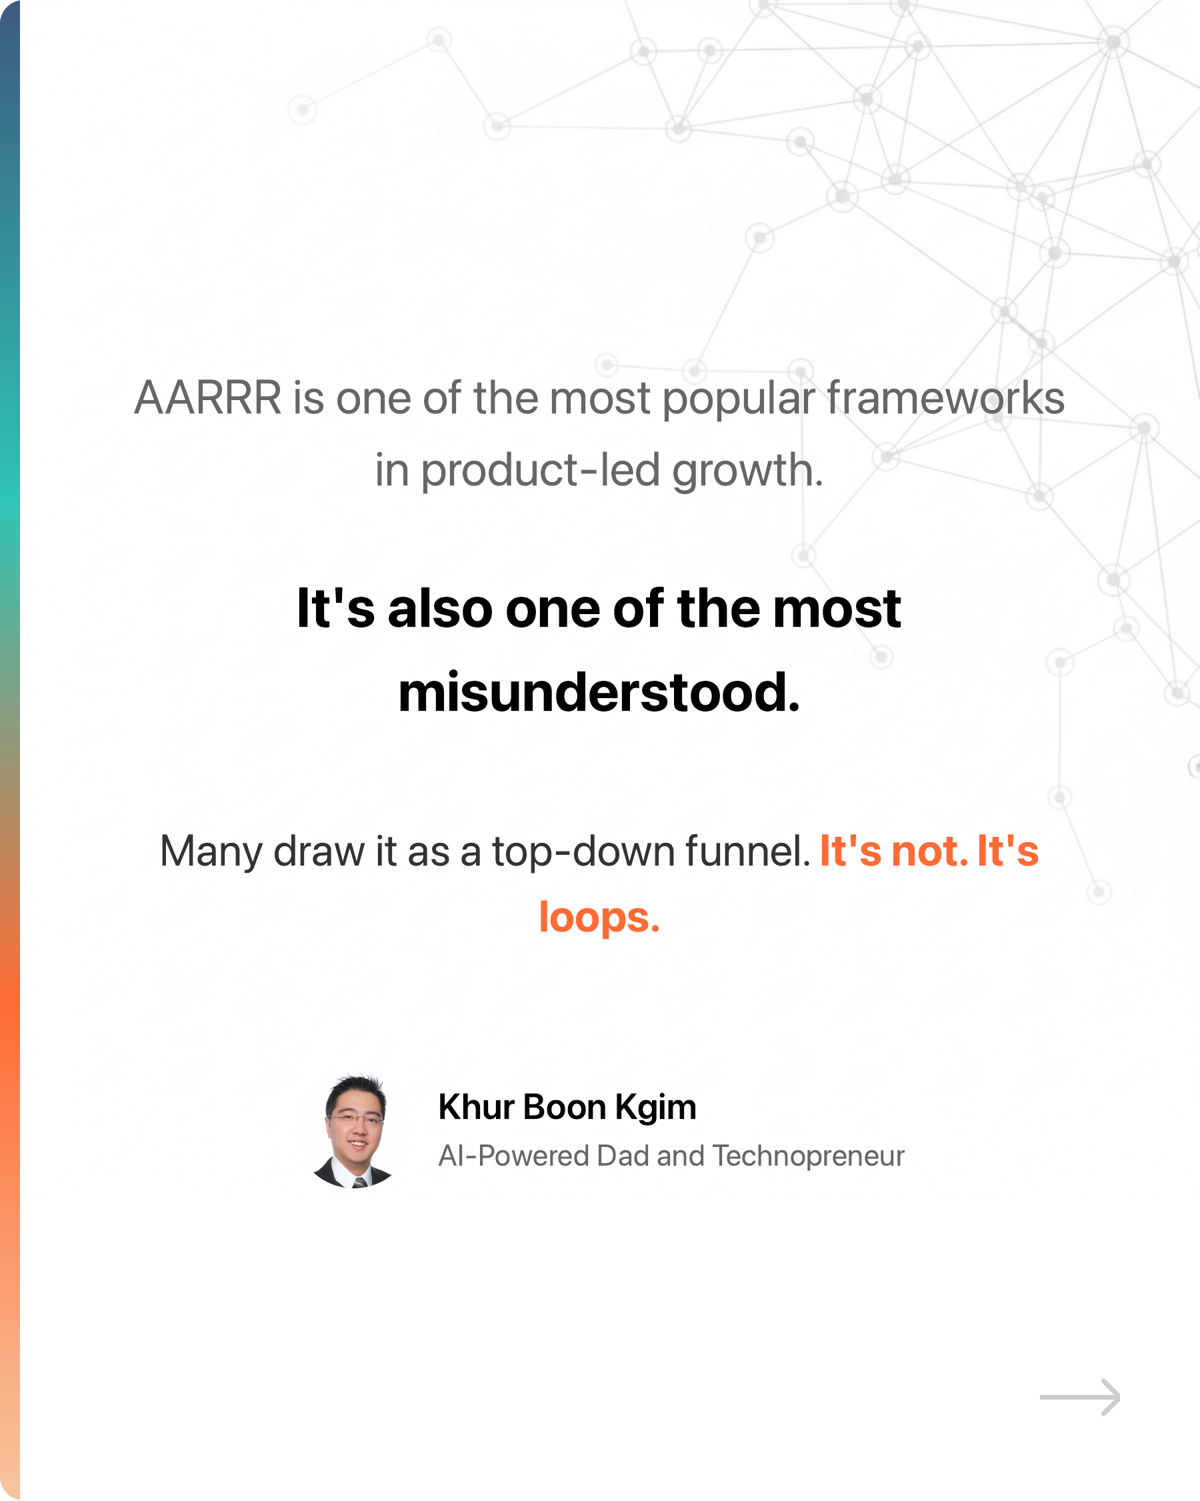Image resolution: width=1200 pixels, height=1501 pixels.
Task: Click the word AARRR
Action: pyautogui.click(x=207, y=398)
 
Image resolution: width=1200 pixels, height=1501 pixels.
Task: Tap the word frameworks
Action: pyautogui.click(x=945, y=398)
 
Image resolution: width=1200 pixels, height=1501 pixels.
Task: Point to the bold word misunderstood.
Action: pyautogui.click(x=599, y=693)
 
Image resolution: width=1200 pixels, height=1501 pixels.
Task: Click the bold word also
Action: pyautogui.click(x=440, y=609)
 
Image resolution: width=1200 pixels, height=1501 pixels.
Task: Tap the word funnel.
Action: pyautogui.click(x=747, y=851)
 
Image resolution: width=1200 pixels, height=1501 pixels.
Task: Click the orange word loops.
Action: pyautogui.click(x=599, y=918)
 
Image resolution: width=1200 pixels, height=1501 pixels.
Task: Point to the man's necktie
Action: pyautogui.click(x=360, y=1182)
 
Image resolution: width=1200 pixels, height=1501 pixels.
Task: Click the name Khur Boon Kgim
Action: pyautogui.click(x=567, y=1107)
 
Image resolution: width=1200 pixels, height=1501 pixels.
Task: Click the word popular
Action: pyautogui.click(x=738, y=399)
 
